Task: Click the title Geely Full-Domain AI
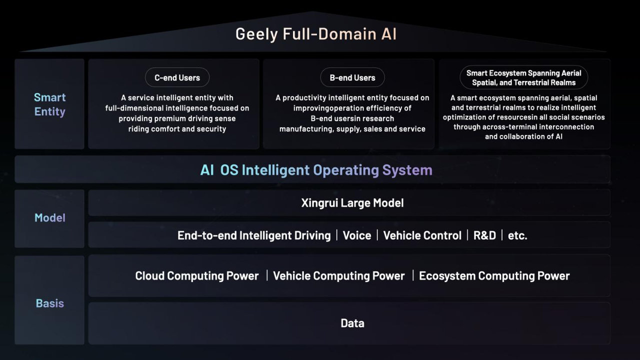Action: click(316, 34)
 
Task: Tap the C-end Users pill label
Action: click(177, 77)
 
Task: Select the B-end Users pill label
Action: click(352, 77)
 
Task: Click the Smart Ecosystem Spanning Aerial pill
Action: click(523, 78)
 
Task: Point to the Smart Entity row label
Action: click(49, 104)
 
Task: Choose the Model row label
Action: click(49, 217)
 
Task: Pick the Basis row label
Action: click(49, 303)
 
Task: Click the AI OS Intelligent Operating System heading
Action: click(316, 170)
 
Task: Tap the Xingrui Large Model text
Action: click(352, 203)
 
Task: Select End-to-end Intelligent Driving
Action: click(254, 235)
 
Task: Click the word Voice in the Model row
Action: click(356, 235)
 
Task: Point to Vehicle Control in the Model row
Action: click(422, 235)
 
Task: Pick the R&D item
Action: click(484, 235)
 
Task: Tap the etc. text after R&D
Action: click(517, 235)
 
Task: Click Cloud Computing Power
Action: click(197, 276)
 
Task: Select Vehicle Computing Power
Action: click(338, 276)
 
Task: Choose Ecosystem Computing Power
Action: click(494, 276)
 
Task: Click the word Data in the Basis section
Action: click(352, 323)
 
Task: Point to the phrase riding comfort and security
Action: click(177, 129)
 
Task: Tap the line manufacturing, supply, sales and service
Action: click(352, 129)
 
